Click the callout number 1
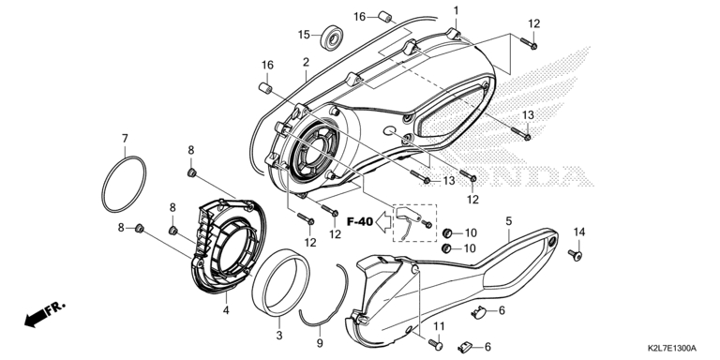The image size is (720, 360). pos(456,10)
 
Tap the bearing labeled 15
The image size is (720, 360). pos(332,37)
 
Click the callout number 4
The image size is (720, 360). pos(226,310)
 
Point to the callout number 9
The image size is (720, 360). pos(320,343)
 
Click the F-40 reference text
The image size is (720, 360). pos(359,222)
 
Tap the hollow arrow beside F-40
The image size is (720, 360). pos(383,222)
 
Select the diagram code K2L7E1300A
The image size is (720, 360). pos(673,349)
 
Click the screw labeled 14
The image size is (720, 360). pos(575,255)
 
